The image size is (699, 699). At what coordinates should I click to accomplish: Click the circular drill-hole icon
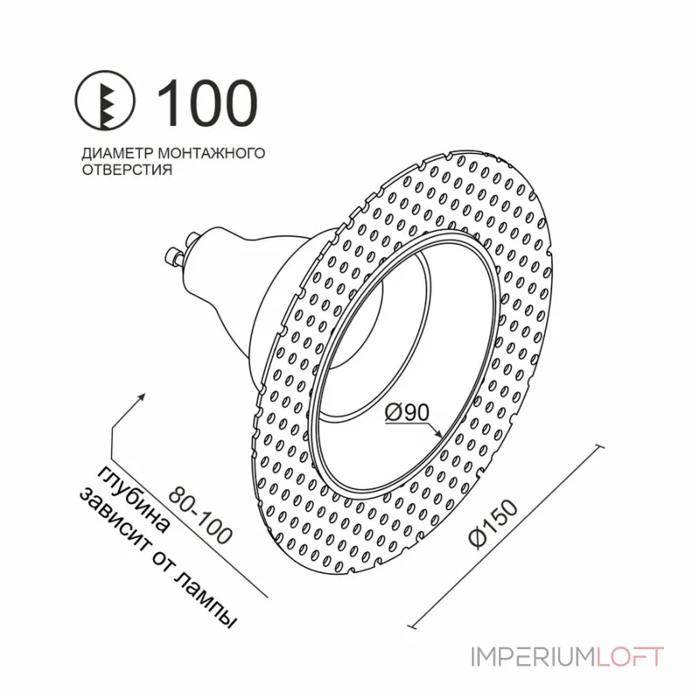pos(104,100)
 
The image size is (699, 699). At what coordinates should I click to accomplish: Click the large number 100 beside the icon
pos(206,102)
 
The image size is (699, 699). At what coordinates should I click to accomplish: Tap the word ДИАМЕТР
pos(117,154)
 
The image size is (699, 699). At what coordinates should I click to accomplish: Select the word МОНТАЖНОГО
pos(211,154)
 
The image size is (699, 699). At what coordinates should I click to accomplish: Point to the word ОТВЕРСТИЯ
pos(127,170)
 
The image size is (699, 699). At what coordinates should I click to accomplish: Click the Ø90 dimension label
pos(406,412)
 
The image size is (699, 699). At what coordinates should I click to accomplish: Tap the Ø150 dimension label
pos(494,523)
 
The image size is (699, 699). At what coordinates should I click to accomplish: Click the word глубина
pos(133,500)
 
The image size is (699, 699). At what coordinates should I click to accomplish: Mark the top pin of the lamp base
pos(194,239)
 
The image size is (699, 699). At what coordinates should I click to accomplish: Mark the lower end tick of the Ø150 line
pos(412,626)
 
